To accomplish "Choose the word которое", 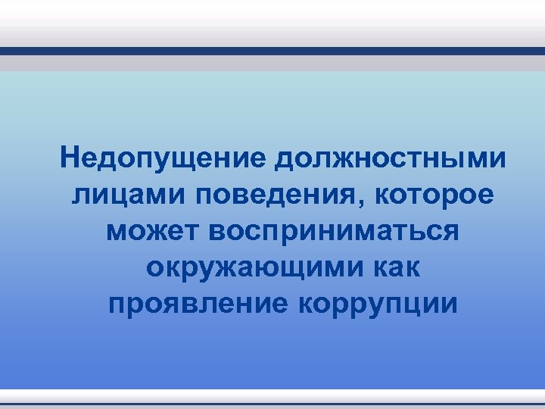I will pyautogui.click(x=435, y=195).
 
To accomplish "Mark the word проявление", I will pyautogui.click(x=198, y=304).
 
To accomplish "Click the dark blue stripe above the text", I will pyautogui.click(x=272, y=52).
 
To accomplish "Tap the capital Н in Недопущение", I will pyautogui.click(x=73, y=158).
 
